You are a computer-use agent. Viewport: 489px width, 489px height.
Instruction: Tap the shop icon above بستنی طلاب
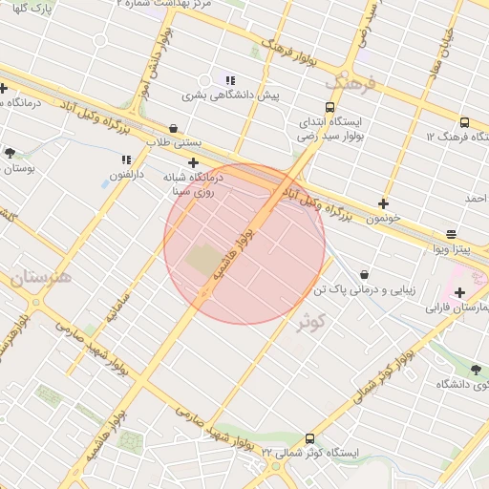click(172, 127)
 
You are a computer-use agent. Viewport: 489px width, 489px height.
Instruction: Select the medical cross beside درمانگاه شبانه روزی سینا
click(194, 163)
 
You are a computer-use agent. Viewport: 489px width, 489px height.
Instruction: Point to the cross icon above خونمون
click(384, 203)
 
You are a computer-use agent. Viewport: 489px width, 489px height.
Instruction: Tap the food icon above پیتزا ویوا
click(451, 234)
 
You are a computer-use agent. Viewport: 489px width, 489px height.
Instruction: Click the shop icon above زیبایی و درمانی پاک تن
click(364, 274)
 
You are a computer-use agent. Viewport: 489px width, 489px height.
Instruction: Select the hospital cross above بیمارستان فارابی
click(459, 292)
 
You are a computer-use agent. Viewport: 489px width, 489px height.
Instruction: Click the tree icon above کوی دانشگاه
click(476, 369)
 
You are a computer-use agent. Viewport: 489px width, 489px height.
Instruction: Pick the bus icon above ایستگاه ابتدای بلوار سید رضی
click(331, 107)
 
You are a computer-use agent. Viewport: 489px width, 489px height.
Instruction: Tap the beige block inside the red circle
click(202, 259)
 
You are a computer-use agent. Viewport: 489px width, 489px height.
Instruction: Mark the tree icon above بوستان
click(10, 152)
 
